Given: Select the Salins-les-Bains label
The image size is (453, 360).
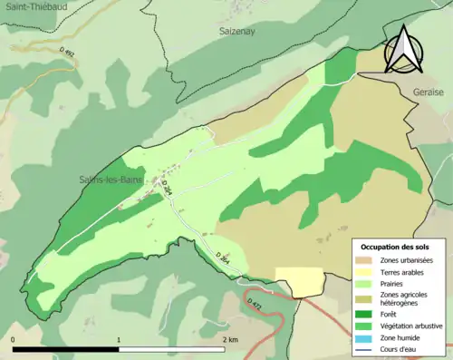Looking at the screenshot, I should [104, 180].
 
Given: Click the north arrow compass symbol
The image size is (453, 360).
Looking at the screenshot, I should [402, 49].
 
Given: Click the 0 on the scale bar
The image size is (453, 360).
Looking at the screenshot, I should [14, 339].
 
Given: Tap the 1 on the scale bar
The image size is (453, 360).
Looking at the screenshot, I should [120, 339].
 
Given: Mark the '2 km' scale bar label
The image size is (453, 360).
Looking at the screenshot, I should [231, 339].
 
